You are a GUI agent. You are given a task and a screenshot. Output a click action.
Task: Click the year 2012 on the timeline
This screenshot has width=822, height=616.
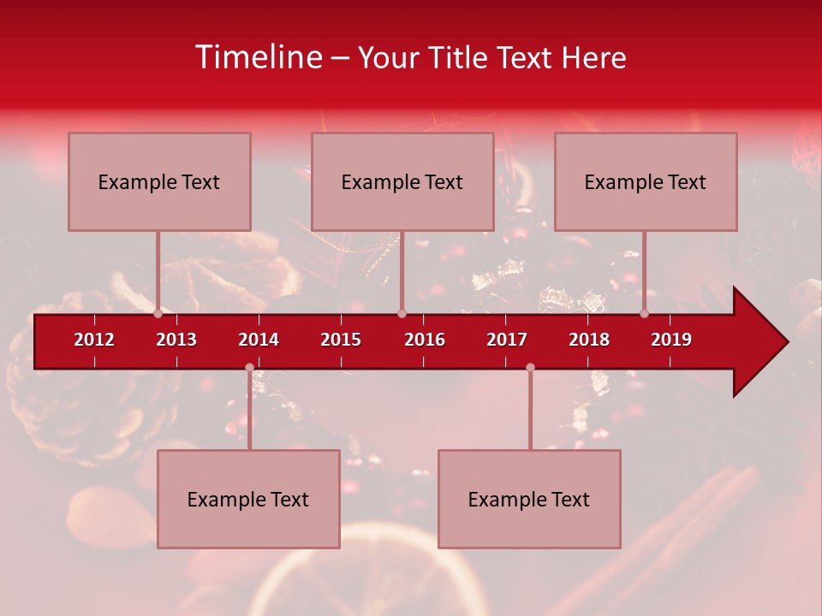coord(94,340)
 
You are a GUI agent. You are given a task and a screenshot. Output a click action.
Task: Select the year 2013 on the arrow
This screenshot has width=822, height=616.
coord(176,340)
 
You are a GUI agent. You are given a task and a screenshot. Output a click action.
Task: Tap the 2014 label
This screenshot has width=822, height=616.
coord(259,340)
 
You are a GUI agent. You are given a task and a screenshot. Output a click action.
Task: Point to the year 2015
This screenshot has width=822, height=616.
coord(341,340)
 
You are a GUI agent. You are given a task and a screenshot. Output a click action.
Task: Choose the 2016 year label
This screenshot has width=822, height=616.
coord(425,340)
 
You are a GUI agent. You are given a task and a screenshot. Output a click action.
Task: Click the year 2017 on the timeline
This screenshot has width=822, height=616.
coord(507,340)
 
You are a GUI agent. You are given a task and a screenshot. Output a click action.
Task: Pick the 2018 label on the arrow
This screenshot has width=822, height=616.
coord(589,340)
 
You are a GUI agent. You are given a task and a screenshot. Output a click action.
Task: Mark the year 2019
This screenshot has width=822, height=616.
coord(671,340)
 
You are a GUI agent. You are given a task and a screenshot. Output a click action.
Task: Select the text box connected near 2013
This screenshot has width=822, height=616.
coord(159,182)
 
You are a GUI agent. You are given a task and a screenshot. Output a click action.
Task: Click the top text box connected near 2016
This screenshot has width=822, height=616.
coord(402,182)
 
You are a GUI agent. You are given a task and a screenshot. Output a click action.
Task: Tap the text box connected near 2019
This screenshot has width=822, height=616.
coord(646,182)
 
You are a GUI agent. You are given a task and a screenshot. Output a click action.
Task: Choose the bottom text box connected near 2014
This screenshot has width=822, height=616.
coord(248,500)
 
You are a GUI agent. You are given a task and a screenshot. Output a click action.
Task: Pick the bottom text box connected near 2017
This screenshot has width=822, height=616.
coord(529,500)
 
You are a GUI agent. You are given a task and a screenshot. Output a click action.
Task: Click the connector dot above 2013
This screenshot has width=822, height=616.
coord(158,314)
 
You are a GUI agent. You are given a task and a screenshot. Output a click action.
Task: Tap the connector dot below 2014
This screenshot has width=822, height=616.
coord(249,368)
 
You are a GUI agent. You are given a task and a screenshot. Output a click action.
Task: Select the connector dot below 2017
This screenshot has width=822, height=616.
coord(530,368)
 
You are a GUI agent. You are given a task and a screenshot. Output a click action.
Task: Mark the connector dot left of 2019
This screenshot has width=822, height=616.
coord(645,314)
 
